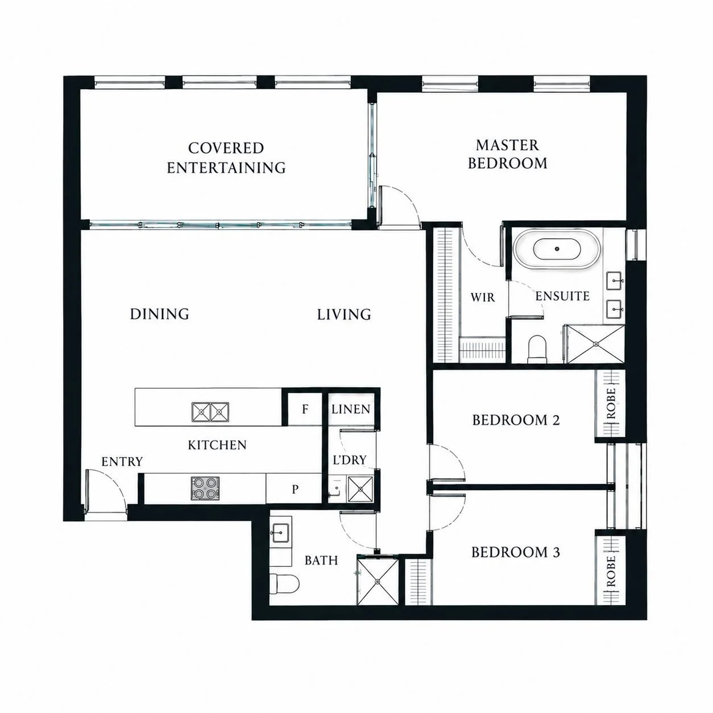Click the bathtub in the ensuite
(557, 249)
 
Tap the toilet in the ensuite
(537, 350)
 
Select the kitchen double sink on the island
(210, 412)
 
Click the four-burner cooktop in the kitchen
(205, 488)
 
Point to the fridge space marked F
(305, 409)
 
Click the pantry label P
(295, 490)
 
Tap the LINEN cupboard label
(351, 409)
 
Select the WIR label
(483, 297)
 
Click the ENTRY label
(122, 462)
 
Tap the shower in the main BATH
(378, 582)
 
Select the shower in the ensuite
(595, 344)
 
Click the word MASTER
(507, 146)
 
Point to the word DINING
(159, 314)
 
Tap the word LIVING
(344, 314)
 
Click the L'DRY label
(350, 460)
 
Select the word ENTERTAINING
(226, 168)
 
